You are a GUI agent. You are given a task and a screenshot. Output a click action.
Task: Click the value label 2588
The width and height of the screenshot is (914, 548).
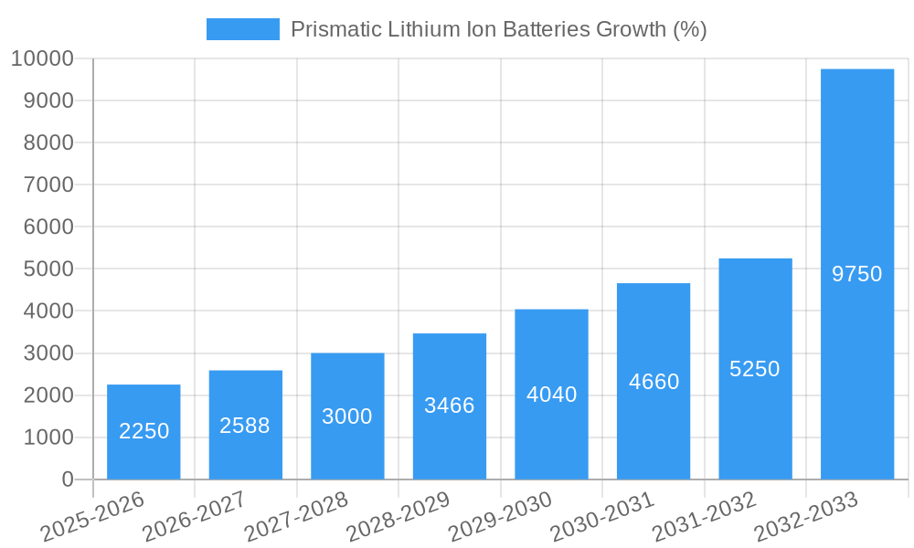[245, 426]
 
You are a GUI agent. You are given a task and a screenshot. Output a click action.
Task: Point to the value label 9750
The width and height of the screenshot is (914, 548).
[856, 274]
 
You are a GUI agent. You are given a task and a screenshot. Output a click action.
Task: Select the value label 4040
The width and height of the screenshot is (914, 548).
[551, 395]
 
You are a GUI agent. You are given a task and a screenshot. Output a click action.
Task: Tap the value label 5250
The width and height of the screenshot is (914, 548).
[755, 369]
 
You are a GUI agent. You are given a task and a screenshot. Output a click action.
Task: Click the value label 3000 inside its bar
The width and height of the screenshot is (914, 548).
[347, 416]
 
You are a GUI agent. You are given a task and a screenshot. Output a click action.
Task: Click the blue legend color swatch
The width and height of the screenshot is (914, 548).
[242, 29]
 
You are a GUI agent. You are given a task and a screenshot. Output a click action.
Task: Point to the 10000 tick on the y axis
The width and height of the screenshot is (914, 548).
[42, 59]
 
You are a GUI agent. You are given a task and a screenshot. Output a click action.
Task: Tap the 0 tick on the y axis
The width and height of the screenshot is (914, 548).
[67, 479]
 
